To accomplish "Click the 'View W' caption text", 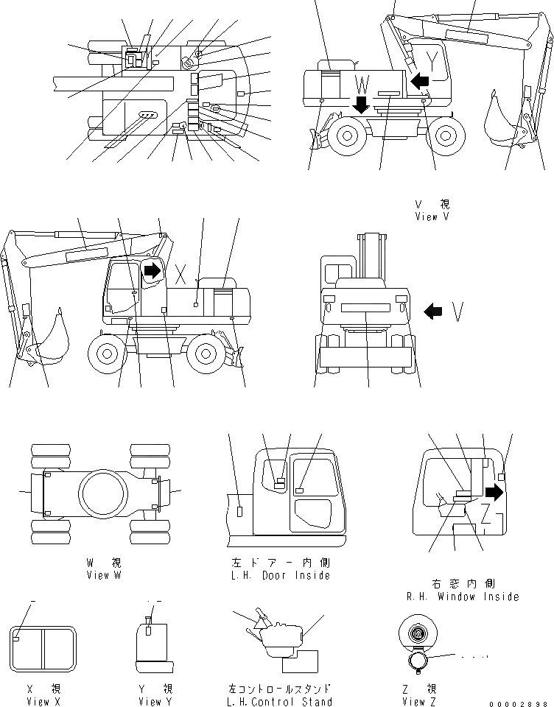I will point(103,574).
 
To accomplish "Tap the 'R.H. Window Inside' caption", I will point(463,596).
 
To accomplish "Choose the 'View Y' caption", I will point(150,702).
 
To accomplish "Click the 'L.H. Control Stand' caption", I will point(281,702).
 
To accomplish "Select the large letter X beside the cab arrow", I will point(180,273).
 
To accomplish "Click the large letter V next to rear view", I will point(458,312).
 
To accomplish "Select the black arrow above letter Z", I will point(494,493).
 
